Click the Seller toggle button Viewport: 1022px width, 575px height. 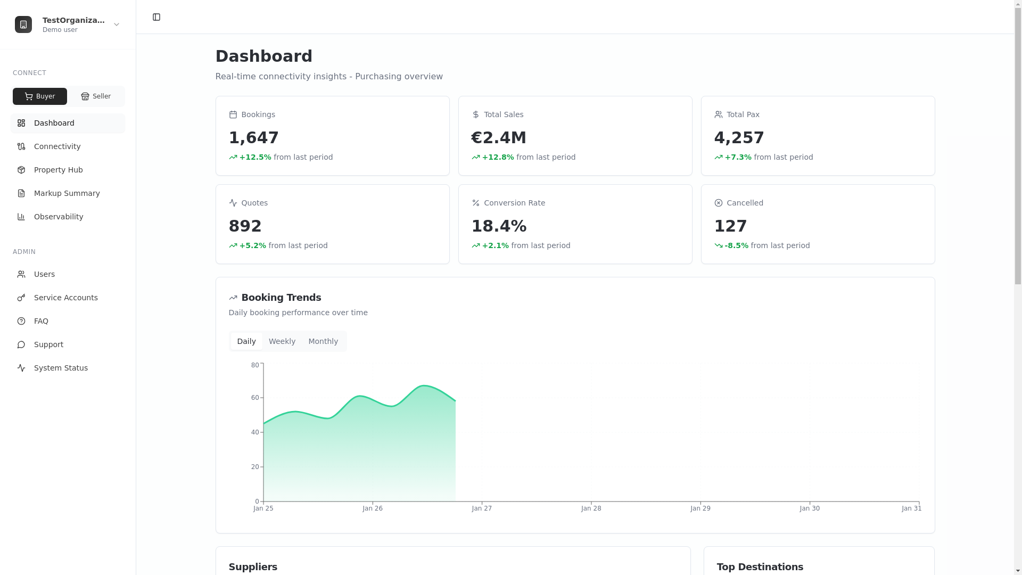[x=96, y=96]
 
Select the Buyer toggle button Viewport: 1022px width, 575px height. [x=40, y=96]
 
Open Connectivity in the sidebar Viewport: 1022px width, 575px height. [x=57, y=146]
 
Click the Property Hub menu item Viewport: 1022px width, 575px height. [x=58, y=170]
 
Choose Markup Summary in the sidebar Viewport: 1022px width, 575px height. [x=67, y=193]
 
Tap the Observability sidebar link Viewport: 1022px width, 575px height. [x=59, y=217]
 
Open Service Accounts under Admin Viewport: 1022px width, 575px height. [x=65, y=298]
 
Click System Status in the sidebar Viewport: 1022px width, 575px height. [x=61, y=368]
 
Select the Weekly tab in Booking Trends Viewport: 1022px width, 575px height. [x=282, y=341]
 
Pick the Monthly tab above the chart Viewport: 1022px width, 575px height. [x=323, y=341]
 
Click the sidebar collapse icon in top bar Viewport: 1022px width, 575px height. [x=156, y=17]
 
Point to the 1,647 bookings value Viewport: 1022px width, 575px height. [x=253, y=137]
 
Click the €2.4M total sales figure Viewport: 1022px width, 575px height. [x=499, y=137]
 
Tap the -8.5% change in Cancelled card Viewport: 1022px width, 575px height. [x=736, y=245]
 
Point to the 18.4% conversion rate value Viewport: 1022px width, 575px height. [x=499, y=226]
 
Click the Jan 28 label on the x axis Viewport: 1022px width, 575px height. [x=591, y=508]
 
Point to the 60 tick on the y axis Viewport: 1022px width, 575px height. [x=255, y=398]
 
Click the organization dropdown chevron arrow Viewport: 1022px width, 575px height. [x=117, y=24]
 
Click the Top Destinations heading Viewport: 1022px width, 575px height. [x=760, y=567]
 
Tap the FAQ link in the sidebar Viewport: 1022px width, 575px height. [x=41, y=321]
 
